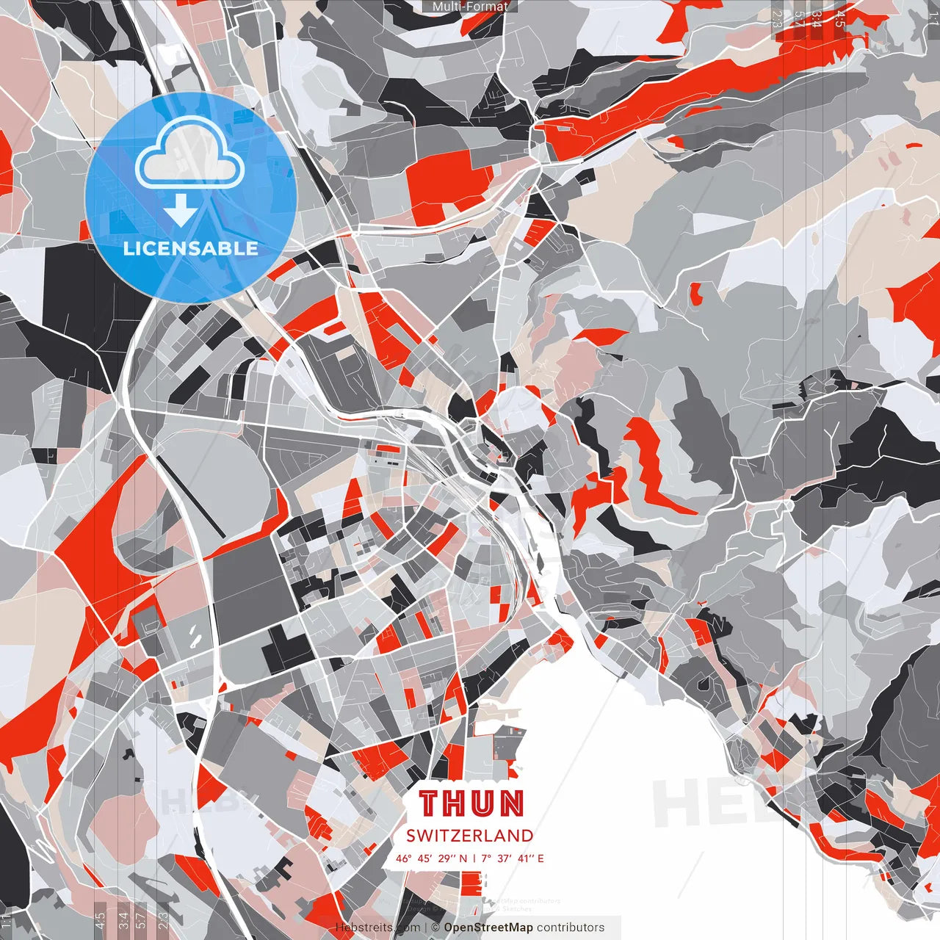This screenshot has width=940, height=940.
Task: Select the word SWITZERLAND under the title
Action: pos(470,836)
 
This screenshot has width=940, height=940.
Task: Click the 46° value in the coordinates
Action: pos(404,858)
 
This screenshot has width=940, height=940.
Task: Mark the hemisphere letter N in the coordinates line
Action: pos(463,858)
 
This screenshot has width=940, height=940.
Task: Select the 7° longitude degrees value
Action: pos(486,858)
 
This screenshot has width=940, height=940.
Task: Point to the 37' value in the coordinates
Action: pos(505,858)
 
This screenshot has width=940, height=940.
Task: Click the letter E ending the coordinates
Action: pos(541,858)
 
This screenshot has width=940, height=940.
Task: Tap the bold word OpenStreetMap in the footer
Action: pos(488,928)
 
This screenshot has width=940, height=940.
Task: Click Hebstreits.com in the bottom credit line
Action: pos(378,928)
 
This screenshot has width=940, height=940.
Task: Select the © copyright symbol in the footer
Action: pos(435,928)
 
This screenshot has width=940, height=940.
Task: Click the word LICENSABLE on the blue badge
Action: pos(191,248)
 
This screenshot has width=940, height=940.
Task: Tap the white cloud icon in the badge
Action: pos(189,154)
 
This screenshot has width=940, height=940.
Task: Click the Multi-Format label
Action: pos(470,7)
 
